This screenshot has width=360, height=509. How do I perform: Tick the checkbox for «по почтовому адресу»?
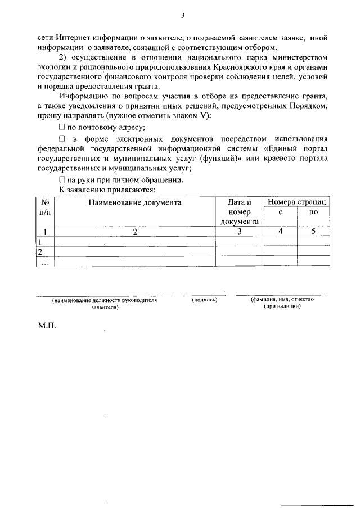point(62,127)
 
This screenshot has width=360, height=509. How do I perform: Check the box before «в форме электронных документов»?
point(62,138)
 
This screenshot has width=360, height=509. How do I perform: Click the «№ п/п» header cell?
point(44,206)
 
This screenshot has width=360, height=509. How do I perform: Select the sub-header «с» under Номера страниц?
point(280,212)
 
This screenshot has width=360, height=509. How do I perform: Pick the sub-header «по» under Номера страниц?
point(313,212)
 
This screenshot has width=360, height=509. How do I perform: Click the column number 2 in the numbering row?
point(134,231)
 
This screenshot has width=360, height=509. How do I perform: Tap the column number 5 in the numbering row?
point(313,231)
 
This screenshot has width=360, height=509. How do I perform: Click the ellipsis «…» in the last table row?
point(45,262)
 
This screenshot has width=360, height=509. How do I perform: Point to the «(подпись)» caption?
point(205,300)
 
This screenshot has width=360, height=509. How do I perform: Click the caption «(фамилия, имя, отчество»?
point(282,300)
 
